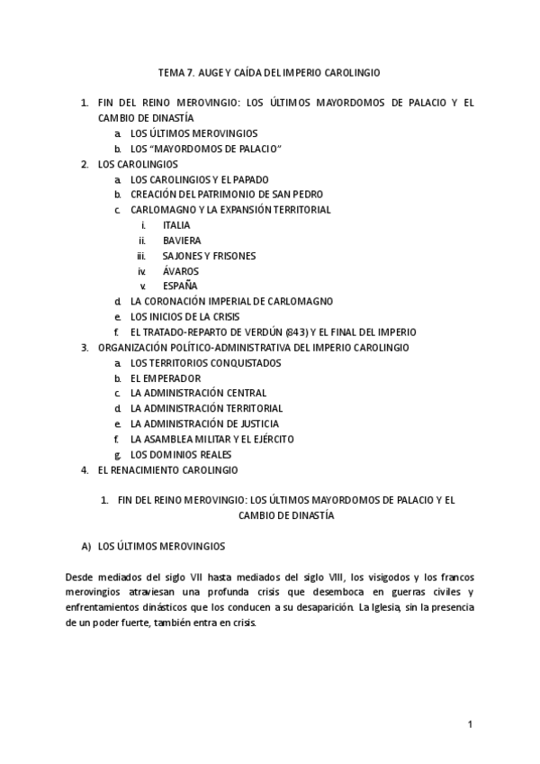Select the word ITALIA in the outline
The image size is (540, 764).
(x=176, y=225)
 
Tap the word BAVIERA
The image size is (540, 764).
(x=182, y=241)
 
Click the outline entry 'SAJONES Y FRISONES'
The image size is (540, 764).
(x=209, y=256)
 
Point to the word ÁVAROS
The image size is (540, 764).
(x=181, y=271)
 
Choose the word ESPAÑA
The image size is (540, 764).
(x=180, y=286)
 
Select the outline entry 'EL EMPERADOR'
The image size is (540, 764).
(x=166, y=378)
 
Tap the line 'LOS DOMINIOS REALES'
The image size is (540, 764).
(x=181, y=455)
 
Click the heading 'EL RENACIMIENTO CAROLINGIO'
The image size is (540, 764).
(x=167, y=470)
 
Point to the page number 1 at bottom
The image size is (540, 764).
(x=470, y=724)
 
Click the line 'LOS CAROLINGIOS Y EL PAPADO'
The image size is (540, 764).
(x=199, y=179)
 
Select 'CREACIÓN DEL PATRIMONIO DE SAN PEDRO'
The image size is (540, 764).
(x=227, y=195)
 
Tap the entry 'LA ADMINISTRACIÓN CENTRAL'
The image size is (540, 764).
(x=198, y=394)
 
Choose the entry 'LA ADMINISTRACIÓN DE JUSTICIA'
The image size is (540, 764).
(x=204, y=424)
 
